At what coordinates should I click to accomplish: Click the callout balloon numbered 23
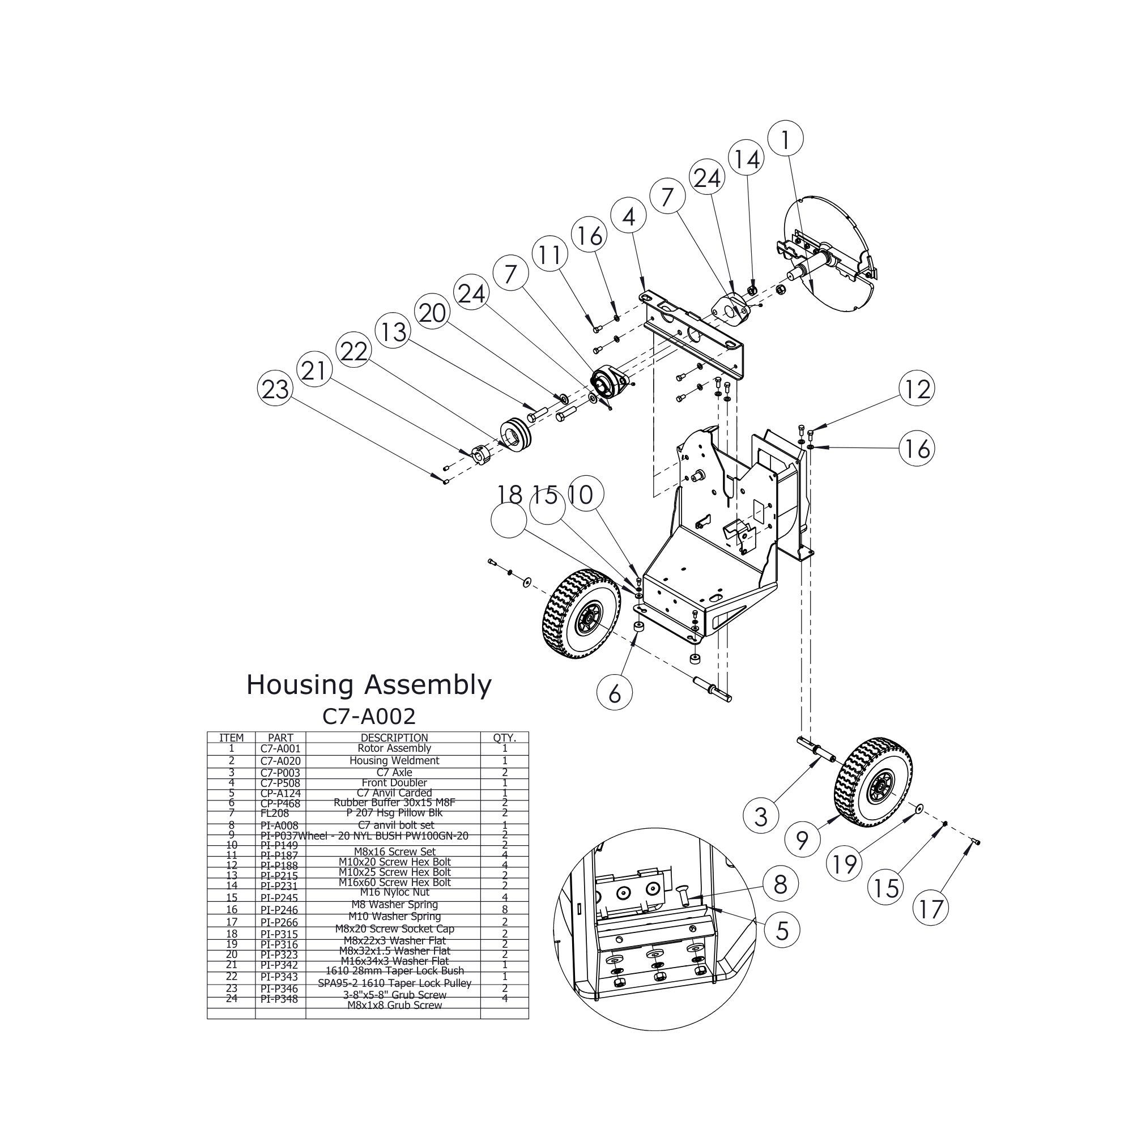tap(275, 389)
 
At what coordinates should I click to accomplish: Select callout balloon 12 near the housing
tap(917, 389)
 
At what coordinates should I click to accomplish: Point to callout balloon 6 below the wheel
tap(615, 695)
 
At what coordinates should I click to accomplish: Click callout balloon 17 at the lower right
tap(931, 909)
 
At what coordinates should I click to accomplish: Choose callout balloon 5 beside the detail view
tap(782, 931)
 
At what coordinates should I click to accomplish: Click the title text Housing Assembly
tap(368, 684)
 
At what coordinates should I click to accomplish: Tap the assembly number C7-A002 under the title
tap(369, 716)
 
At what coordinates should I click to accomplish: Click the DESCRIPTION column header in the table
tap(394, 738)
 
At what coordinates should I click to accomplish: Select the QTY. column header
tap(504, 738)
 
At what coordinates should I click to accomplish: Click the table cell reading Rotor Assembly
tap(394, 748)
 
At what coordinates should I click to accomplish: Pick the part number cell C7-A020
tap(280, 761)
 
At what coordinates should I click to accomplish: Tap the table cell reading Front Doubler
tap(394, 783)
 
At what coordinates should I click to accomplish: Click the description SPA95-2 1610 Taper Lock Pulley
tap(394, 983)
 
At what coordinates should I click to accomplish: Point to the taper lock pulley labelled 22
tap(516, 435)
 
